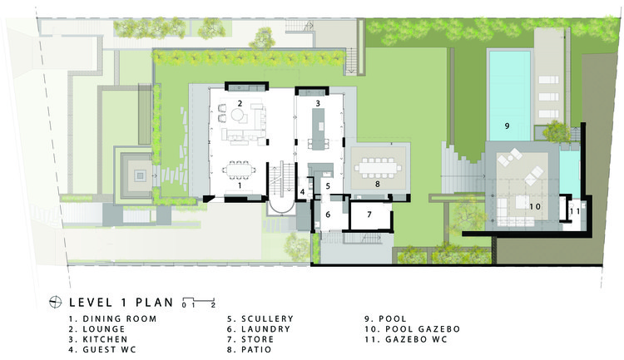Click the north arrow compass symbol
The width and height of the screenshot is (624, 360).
pyautogui.click(x=55, y=303)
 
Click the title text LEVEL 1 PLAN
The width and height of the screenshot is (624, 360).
pyautogui.click(x=121, y=303)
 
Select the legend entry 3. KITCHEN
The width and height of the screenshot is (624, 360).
pyautogui.click(x=98, y=339)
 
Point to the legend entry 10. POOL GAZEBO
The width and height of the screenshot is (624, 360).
pyautogui.click(x=413, y=329)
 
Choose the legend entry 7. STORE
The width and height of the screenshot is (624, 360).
pyautogui.click(x=250, y=339)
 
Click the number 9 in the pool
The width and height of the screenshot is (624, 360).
pyautogui.click(x=507, y=126)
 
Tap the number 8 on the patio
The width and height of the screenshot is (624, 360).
pyautogui.click(x=377, y=184)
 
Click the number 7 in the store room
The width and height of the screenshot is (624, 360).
pyautogui.click(x=369, y=215)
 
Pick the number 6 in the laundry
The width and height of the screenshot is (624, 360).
pyautogui.click(x=328, y=215)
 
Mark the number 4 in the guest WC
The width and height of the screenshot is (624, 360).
pyautogui.click(x=303, y=192)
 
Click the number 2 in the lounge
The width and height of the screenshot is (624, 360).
pyautogui.click(x=240, y=103)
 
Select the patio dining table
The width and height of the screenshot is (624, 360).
pyautogui.click(x=378, y=167)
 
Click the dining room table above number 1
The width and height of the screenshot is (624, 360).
pyautogui.click(x=239, y=170)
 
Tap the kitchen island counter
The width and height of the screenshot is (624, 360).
pyautogui.click(x=318, y=129)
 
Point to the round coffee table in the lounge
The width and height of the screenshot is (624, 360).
pyautogui.click(x=239, y=116)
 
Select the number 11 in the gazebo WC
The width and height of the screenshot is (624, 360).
pyautogui.click(x=574, y=211)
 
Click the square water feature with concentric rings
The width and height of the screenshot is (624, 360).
pyautogui.click(x=139, y=175)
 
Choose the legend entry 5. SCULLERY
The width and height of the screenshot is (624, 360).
pyautogui.click(x=260, y=318)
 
